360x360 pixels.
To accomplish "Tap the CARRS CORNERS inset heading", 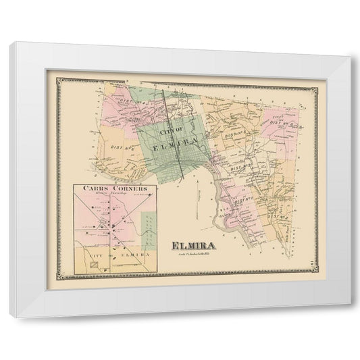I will (x=111, y=188).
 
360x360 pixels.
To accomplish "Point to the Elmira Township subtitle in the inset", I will (x=111, y=195).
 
